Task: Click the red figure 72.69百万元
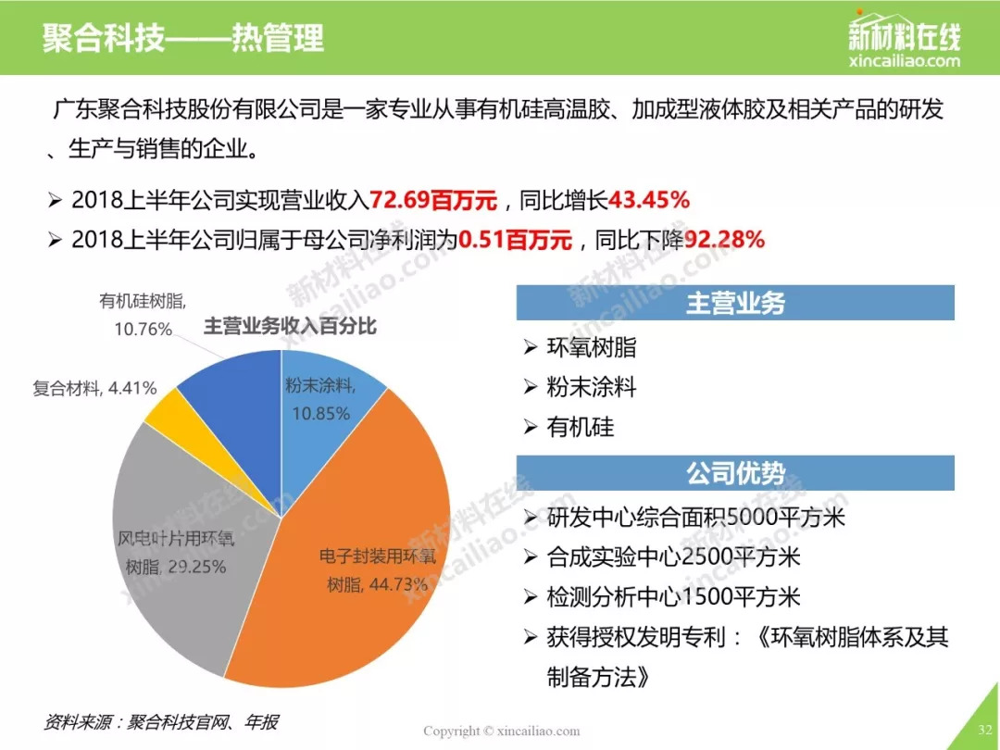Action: [x=433, y=200]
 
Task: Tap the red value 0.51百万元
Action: [x=516, y=240]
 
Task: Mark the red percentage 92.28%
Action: [x=724, y=240]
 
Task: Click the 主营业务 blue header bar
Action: [x=735, y=303]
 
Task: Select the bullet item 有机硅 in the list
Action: [x=580, y=427]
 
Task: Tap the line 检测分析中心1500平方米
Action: [x=673, y=596]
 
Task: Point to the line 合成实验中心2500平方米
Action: [x=673, y=556]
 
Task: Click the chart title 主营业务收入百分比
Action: [x=290, y=327]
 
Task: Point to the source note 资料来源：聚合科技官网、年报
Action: [x=161, y=721]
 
